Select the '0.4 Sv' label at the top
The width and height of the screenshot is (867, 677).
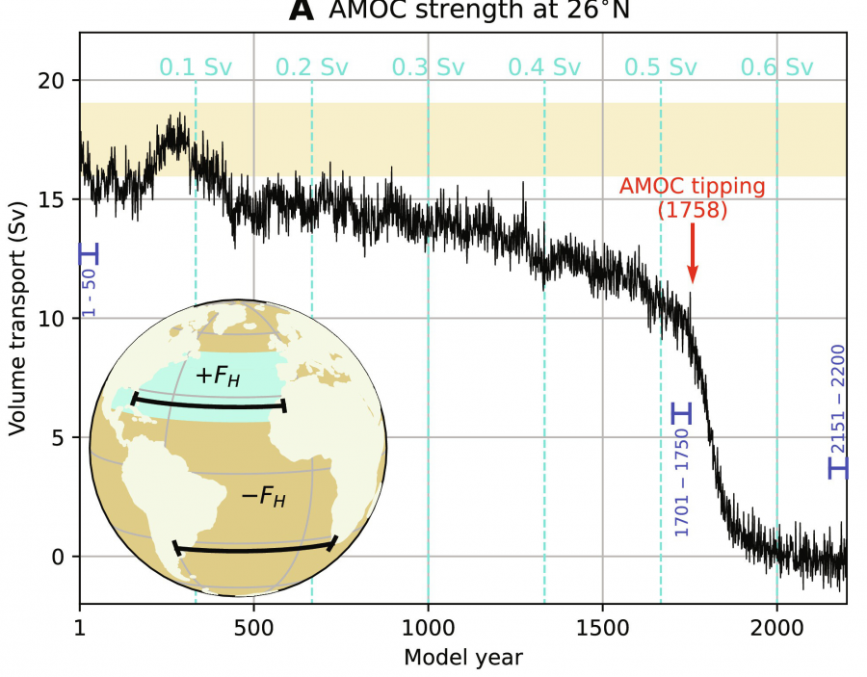pyautogui.click(x=544, y=67)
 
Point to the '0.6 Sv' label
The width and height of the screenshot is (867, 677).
pyautogui.click(x=776, y=67)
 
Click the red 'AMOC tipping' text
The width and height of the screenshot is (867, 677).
pyautogui.click(x=692, y=186)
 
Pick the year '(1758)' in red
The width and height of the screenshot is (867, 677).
pyautogui.click(x=692, y=209)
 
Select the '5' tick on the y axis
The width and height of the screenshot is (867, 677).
pyautogui.click(x=60, y=438)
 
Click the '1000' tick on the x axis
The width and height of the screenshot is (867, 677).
pyautogui.click(x=428, y=623)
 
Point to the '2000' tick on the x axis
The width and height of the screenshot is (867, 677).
pyautogui.click(x=776, y=623)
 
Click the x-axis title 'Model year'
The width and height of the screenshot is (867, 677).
pyautogui.click(x=463, y=658)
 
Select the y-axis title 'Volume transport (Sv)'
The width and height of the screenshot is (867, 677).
pyautogui.click(x=18, y=318)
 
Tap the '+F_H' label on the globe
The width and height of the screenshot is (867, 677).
pyautogui.click(x=217, y=376)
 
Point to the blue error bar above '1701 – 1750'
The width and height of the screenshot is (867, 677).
pyautogui.click(x=682, y=413)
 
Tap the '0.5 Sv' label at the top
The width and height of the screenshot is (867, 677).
pyautogui.click(x=660, y=67)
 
